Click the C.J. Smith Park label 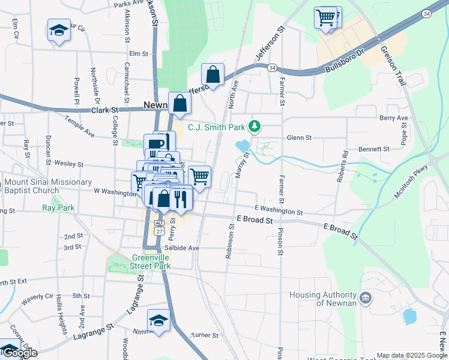coord(217,127)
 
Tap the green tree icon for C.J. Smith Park coord(256,126)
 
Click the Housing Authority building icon coord(366,298)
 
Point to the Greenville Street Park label coord(151,262)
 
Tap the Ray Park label coord(58,208)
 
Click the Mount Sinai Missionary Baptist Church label coord(48,186)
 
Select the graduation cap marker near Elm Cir coord(59,30)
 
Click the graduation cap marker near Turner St coord(158,319)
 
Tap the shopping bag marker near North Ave coord(212,74)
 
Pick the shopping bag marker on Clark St coord(179,103)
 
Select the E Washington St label coord(279,210)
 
